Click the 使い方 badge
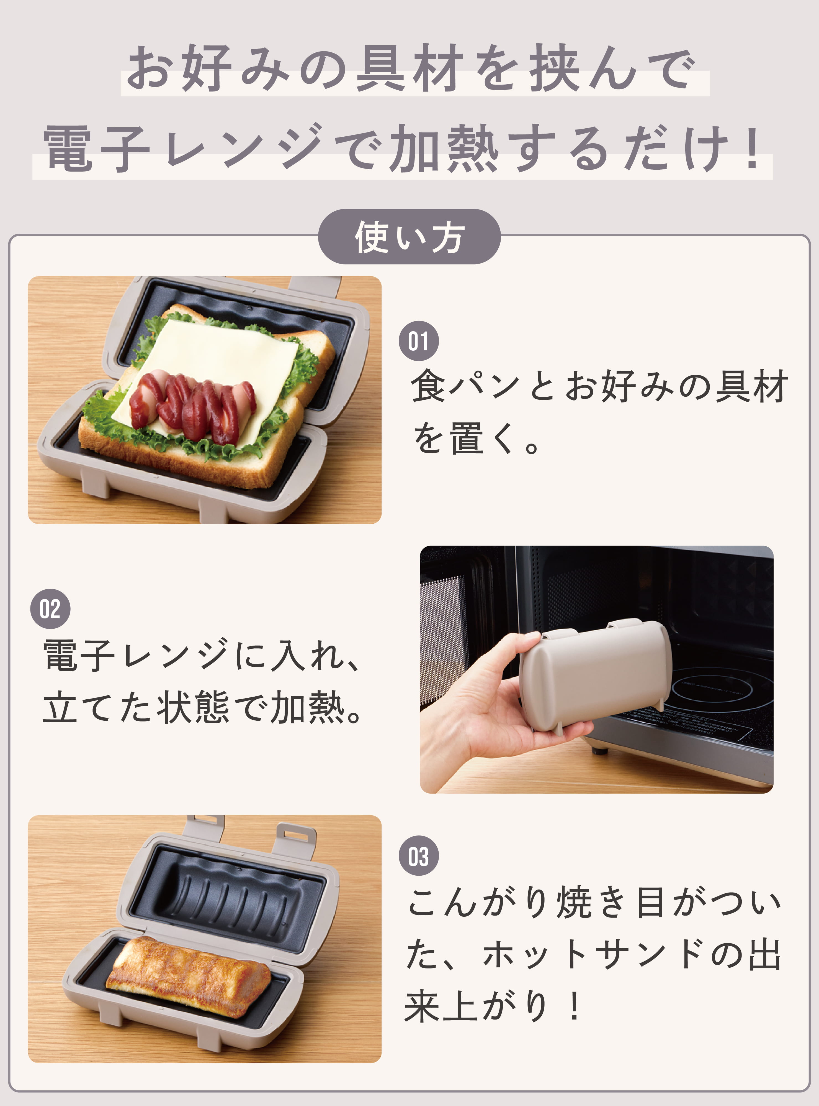pos(409,237)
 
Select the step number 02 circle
pos(50,609)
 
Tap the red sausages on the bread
pos(193,404)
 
